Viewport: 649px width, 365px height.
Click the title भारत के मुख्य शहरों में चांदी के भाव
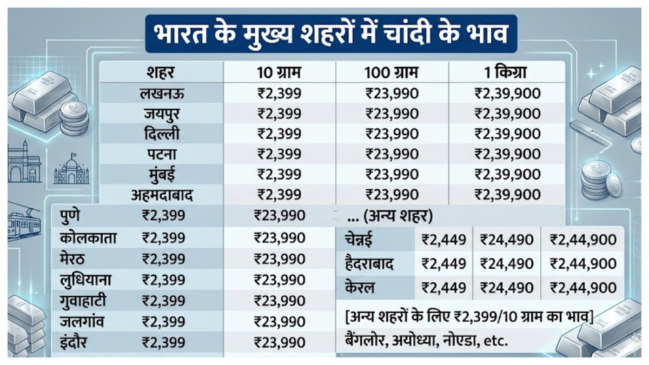click(x=331, y=34)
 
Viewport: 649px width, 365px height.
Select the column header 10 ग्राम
click(x=279, y=72)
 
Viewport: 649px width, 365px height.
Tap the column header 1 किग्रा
click(x=505, y=72)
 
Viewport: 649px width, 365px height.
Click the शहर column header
click(x=161, y=72)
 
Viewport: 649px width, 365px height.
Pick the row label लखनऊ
click(x=162, y=94)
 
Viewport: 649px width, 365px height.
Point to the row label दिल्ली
click(x=162, y=134)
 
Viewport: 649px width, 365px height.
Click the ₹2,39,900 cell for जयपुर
click(x=507, y=114)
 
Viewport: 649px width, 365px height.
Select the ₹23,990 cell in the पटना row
click(x=392, y=154)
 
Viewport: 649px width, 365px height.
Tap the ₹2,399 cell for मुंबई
click(x=279, y=174)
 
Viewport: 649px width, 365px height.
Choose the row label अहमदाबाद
click(x=162, y=195)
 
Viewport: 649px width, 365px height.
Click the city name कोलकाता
click(x=88, y=238)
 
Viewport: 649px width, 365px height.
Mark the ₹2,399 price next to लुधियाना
click(x=163, y=280)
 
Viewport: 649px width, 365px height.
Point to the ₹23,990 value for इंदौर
click(x=280, y=342)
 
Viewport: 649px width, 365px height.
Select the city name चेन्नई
click(x=359, y=240)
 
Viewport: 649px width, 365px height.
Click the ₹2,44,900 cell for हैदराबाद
click(x=583, y=264)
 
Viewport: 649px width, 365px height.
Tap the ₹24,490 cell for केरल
click(x=507, y=288)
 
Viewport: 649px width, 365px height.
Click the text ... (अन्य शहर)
click(x=390, y=216)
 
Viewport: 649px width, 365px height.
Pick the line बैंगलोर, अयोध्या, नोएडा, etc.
click(x=427, y=341)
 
